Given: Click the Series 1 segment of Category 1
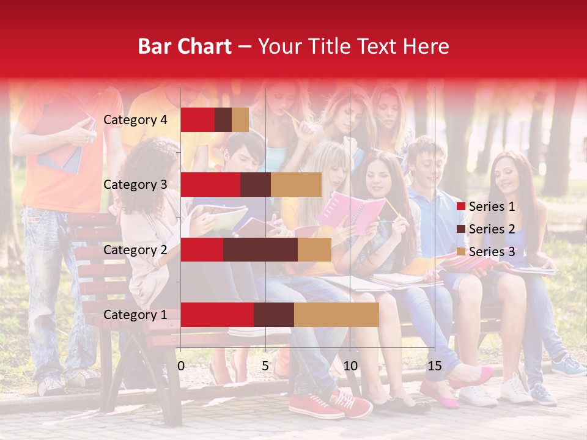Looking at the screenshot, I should point(217,315).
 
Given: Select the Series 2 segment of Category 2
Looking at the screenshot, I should point(260,249).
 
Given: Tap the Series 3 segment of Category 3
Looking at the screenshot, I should point(296,185).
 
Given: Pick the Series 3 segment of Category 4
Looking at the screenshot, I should point(240,120).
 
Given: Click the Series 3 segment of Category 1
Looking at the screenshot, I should point(336,315).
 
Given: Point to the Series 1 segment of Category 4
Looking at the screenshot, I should point(198,120).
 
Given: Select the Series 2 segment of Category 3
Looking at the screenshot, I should point(256,185).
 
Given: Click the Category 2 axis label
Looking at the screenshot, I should point(135,249).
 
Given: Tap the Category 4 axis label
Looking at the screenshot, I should point(135,120).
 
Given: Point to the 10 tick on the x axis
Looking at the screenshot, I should point(350,366).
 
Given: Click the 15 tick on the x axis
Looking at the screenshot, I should point(435,366).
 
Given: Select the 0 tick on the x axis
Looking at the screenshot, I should point(181,366).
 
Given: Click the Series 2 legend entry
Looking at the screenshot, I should point(492,229).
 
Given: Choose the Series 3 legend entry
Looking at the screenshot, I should point(492,252).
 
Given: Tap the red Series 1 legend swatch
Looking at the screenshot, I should point(460,207).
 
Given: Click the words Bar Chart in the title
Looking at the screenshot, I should point(185,46).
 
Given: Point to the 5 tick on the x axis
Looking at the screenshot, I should point(265,366).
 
